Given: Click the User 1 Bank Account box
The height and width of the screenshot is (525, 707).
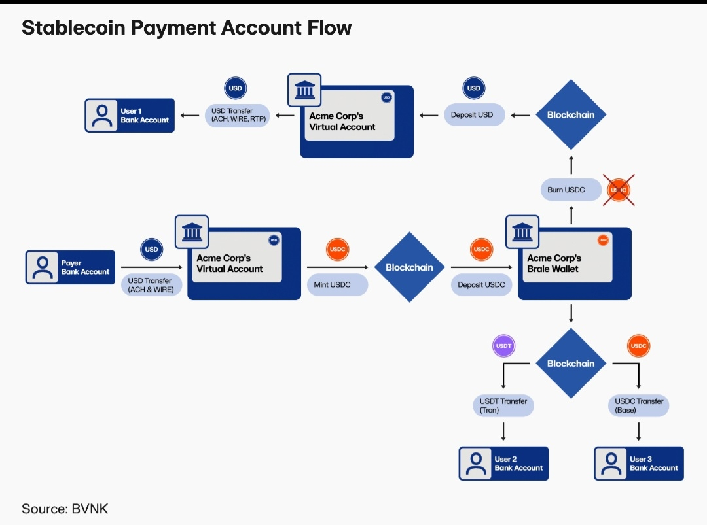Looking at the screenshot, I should pyautogui.click(x=130, y=116).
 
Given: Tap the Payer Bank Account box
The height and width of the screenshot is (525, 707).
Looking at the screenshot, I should pyautogui.click(x=70, y=267).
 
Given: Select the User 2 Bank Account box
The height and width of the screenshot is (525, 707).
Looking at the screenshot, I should pyautogui.click(x=503, y=464).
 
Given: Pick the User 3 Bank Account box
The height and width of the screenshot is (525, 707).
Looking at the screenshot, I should pyautogui.click(x=638, y=464).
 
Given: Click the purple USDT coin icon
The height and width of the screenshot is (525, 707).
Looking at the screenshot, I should pyautogui.click(x=503, y=346).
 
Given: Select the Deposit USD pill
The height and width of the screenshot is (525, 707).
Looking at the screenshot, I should pyautogui.click(x=472, y=115).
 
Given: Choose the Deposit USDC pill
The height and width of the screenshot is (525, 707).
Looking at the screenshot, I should pyautogui.click(x=481, y=285).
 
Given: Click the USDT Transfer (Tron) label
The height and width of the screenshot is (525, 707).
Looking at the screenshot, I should pyautogui.click(x=503, y=405).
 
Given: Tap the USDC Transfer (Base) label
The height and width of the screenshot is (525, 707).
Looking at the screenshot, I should pyautogui.click(x=639, y=405).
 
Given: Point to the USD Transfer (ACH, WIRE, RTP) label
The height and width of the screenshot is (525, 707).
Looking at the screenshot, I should pyautogui.click(x=236, y=116).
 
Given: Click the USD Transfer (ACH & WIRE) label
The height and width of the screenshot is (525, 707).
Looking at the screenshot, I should pyautogui.click(x=151, y=285).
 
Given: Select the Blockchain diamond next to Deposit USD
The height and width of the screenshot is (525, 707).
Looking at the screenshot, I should pyautogui.click(x=571, y=115).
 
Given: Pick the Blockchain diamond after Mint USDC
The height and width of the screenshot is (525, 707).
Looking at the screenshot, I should pyautogui.click(x=409, y=267).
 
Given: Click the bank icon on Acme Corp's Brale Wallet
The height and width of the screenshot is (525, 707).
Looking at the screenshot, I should pyautogui.click(x=522, y=231).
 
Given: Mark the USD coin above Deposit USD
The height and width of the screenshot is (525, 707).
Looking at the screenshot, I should pyautogui.click(x=473, y=88).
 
